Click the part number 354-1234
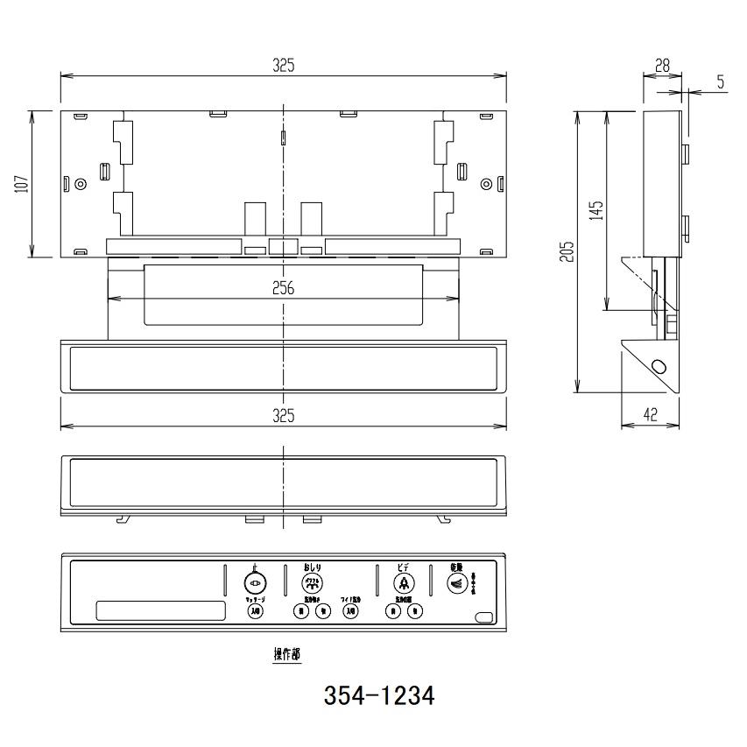[x=379, y=697]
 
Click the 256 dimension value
[x=283, y=288]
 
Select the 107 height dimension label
[x=23, y=184]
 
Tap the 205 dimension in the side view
[x=567, y=252]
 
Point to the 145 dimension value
[x=595, y=210]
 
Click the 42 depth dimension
[x=650, y=416]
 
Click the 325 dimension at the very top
[x=283, y=65]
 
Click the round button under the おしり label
[x=311, y=583]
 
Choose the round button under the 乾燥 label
[x=456, y=583]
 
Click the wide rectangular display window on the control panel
[x=159, y=610]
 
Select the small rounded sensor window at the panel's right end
[x=483, y=618]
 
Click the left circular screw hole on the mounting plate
[x=81, y=184]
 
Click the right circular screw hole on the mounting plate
[x=486, y=184]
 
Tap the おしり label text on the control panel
[x=313, y=566]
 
